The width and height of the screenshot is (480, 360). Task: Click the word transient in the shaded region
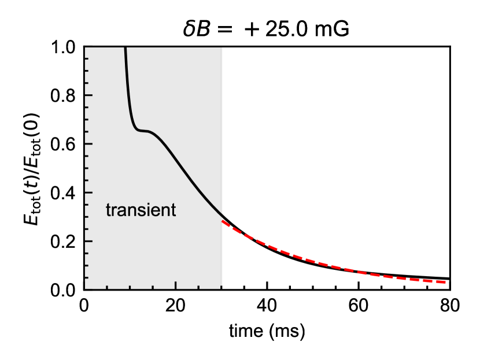coord(141,210)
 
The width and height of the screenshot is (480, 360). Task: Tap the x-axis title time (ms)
coord(267,332)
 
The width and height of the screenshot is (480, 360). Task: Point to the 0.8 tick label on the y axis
coord(64,96)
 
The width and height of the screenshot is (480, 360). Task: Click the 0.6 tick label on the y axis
coord(64,144)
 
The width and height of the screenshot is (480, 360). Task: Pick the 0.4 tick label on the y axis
coord(64,193)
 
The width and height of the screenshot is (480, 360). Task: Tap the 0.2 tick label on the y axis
coord(64,242)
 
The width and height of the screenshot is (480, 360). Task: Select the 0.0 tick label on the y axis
coord(64,290)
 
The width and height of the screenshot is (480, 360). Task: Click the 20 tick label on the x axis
coord(175,306)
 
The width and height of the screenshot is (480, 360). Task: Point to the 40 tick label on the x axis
coord(267,306)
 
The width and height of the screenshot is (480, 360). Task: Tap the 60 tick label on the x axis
coord(358,306)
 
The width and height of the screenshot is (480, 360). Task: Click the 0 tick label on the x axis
coord(84,306)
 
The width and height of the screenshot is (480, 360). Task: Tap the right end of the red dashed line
coord(449,282)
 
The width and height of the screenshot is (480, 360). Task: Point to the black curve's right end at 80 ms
coord(449,279)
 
